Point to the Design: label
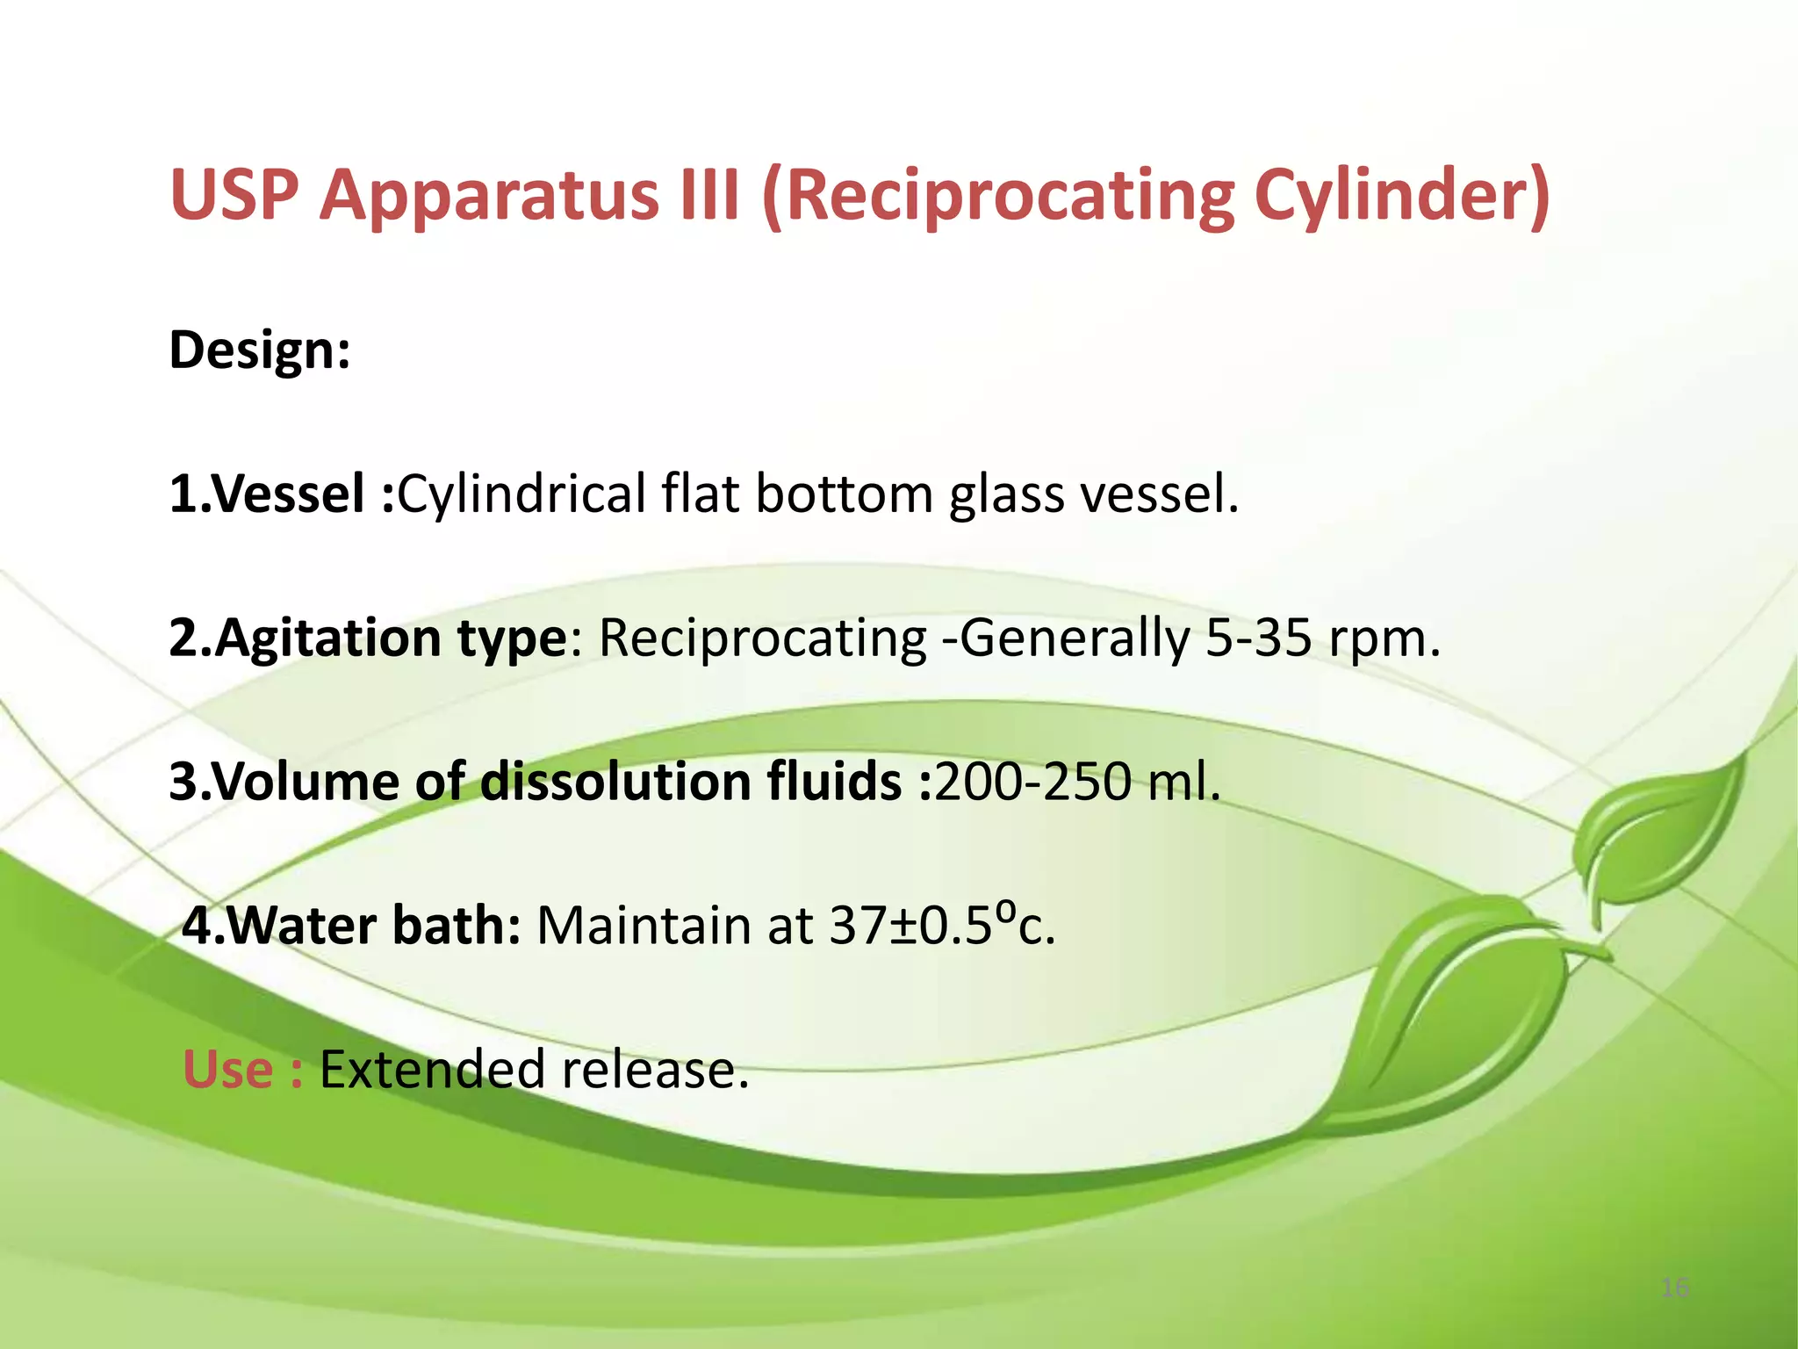pyautogui.click(x=260, y=350)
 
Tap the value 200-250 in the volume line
pyautogui.click(x=1032, y=782)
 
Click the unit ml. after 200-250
pyautogui.click(x=1184, y=782)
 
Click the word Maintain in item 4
pyautogui.click(x=644, y=926)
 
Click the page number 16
pyautogui.click(x=1675, y=1288)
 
